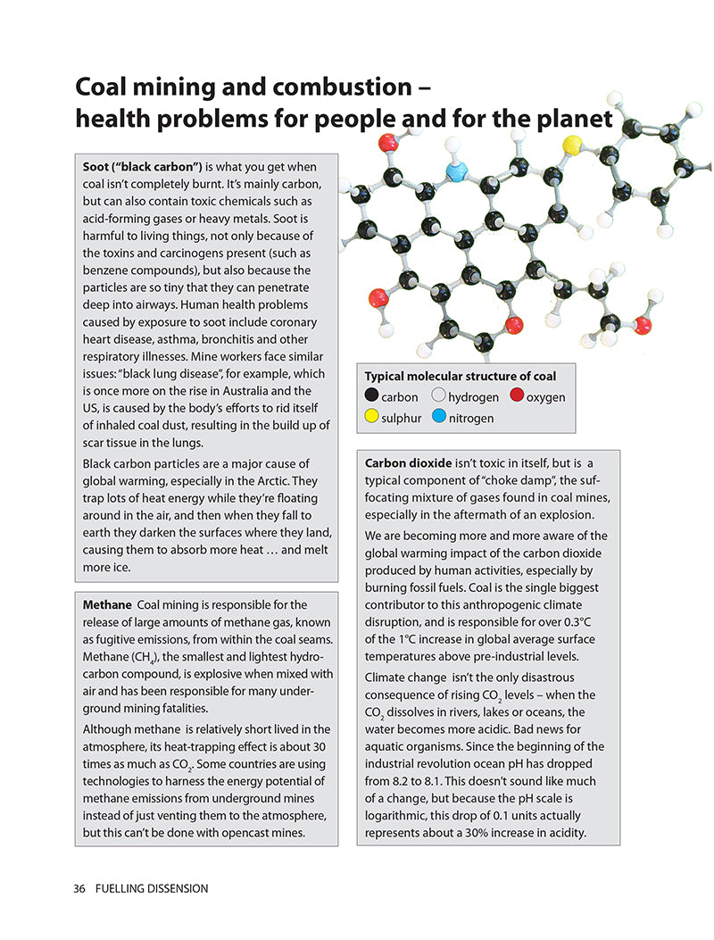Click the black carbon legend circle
(x=371, y=396)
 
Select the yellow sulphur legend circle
(x=371, y=417)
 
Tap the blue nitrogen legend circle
(x=439, y=417)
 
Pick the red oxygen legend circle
(x=517, y=396)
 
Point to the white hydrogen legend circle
(x=439, y=396)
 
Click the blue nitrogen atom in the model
(x=456, y=171)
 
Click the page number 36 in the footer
(x=79, y=888)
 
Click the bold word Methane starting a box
(x=106, y=605)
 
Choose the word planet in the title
(x=569, y=119)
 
